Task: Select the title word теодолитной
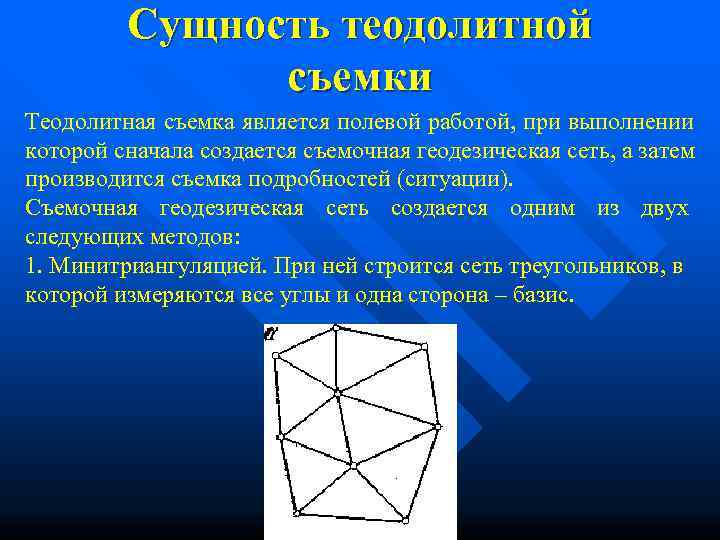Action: (466, 26)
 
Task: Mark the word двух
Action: (664, 209)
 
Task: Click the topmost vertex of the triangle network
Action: (336, 327)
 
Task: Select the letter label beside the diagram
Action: (270, 333)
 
